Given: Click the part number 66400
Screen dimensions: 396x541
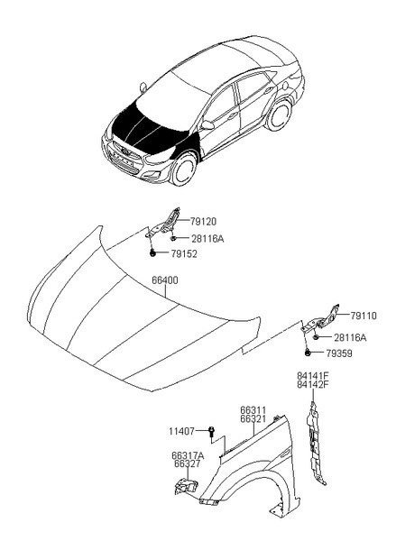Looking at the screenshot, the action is pos(165,280).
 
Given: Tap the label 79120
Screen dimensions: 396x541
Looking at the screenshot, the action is pos(203,222).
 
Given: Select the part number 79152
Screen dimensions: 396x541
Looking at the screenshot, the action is pos(184,254).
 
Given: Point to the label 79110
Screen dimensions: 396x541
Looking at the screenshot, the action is pos(364,316).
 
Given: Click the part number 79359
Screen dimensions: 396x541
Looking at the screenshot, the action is pos(338,353).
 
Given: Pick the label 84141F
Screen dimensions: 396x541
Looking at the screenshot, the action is pos(313,376).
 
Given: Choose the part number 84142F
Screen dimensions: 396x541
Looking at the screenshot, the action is pos(313,384).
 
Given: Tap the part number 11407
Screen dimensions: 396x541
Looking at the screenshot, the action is pos(181,431).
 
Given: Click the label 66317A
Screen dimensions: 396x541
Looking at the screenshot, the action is pos(188,455).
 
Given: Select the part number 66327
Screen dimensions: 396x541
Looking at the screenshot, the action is pos(187,464).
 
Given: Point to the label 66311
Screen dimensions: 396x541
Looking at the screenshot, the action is pos(253,410).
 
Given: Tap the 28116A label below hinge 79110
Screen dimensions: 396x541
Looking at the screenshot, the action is pos(350,337).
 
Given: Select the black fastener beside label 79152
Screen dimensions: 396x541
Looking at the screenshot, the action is pos(152,254).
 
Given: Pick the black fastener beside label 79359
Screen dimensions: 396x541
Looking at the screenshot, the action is pos(308,353).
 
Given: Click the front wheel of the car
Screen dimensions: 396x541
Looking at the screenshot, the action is pos(183,170).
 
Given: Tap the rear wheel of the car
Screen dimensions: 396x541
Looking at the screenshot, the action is pos(280,115).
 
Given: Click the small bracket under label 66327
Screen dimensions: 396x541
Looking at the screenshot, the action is pos(186,487).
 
